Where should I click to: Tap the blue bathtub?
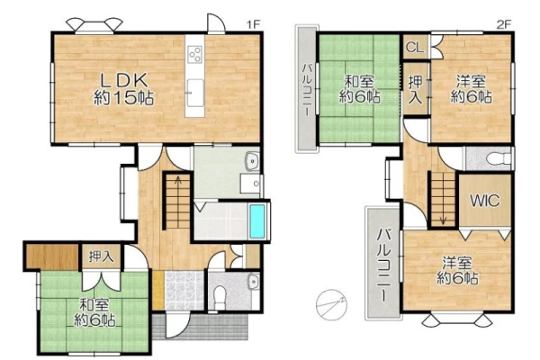[257, 220]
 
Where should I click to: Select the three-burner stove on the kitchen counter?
[194, 54]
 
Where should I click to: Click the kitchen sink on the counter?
[195, 92]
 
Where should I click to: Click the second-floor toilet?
[499, 158]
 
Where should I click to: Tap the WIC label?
[485, 200]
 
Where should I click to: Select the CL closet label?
[415, 47]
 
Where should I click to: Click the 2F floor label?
[504, 24]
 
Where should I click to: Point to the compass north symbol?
[331, 304]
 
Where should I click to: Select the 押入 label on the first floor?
[101, 256]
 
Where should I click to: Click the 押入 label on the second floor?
[415, 90]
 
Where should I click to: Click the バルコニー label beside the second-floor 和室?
[307, 90]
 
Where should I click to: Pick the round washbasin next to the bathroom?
[253, 161]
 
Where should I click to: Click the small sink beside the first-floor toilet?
[254, 282]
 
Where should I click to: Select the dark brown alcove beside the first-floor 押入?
[51, 256]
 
